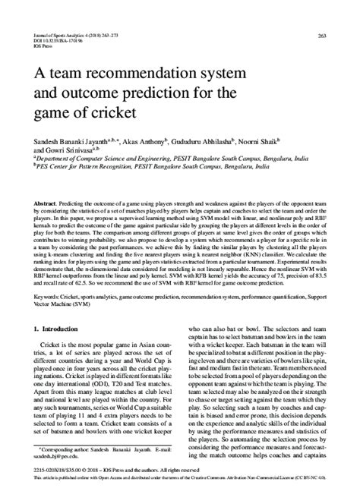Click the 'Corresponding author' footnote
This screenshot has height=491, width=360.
click(x=91, y=451)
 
